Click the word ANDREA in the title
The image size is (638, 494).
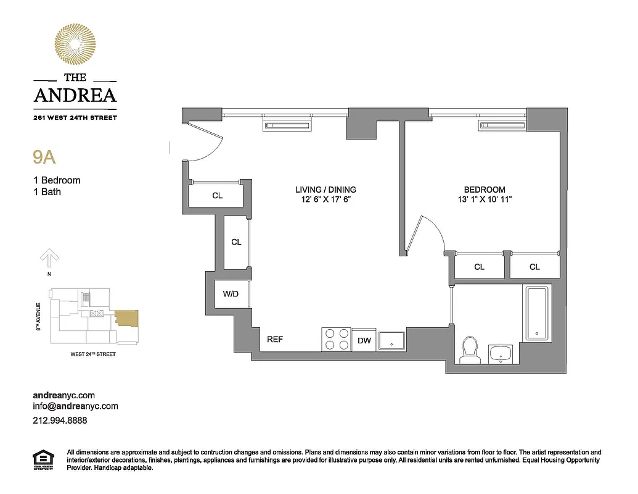[75, 95]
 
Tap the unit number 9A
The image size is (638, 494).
[44, 157]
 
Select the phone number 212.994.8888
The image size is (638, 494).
[59, 421]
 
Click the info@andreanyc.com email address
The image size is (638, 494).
[75, 406]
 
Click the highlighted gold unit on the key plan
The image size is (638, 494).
[127, 319]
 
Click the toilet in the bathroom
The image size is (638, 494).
[470, 351]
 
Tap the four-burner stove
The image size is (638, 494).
[337, 340]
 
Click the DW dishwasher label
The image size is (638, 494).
[364, 341]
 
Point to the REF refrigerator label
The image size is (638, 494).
[275, 340]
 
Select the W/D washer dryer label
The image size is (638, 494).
[231, 294]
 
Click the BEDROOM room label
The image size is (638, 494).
[485, 190]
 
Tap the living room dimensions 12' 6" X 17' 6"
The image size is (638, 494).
[325, 199]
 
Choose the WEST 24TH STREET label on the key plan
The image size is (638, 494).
[93, 354]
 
